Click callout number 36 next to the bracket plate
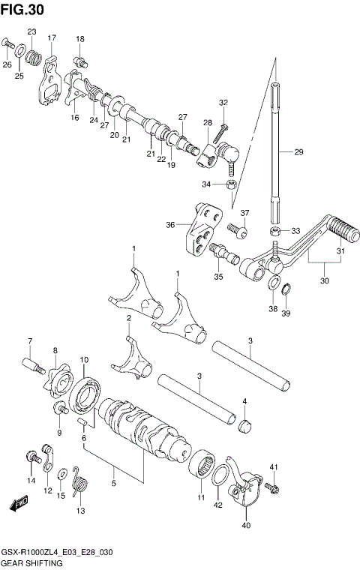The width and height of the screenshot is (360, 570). (170, 223)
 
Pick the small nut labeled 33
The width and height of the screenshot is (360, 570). (276, 230)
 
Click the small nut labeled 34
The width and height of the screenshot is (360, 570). (232, 184)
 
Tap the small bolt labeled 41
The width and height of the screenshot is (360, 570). (273, 488)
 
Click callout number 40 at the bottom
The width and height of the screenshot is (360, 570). (246, 526)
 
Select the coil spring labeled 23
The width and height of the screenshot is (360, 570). (34, 56)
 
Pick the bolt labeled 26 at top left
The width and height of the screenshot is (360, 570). (7, 46)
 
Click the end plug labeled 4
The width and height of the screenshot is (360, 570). (244, 427)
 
